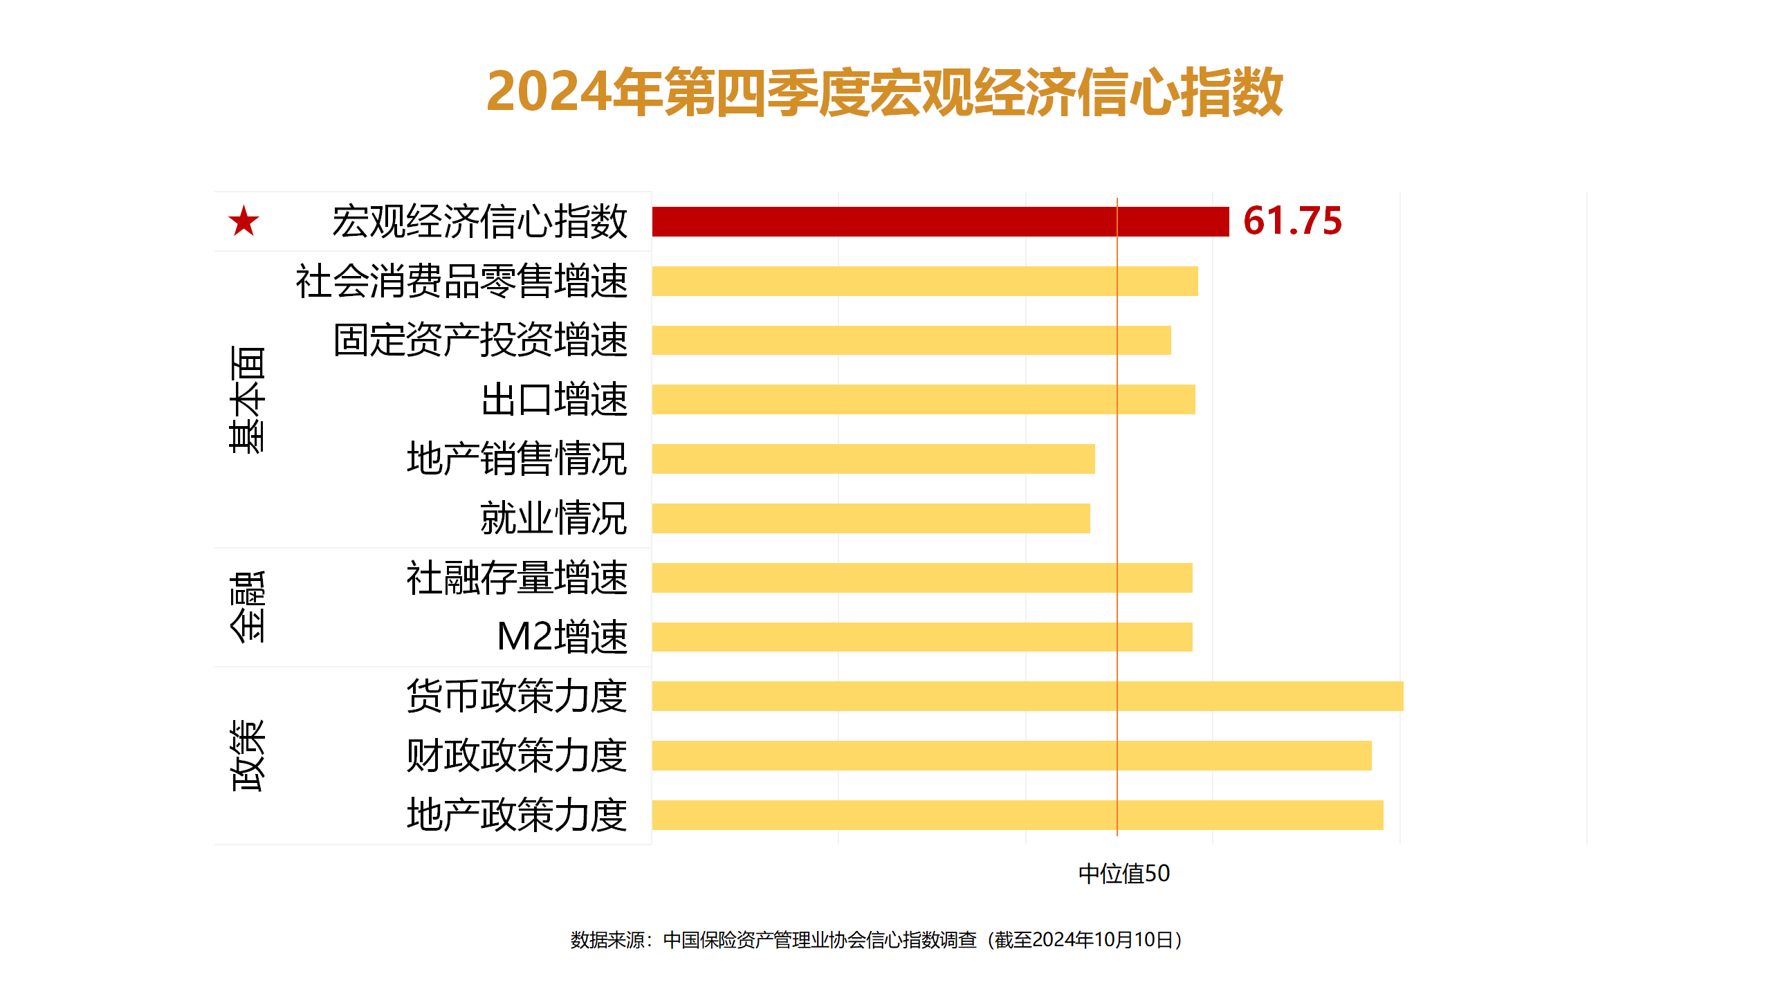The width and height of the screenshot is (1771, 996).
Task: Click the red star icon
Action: click(244, 221)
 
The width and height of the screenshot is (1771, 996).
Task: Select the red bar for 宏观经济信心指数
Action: click(940, 221)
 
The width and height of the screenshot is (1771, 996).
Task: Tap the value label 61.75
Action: click(1292, 221)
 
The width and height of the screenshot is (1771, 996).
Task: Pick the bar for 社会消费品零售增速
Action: click(925, 281)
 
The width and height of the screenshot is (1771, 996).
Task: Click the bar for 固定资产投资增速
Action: click(911, 340)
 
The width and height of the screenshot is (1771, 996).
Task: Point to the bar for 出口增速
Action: click(924, 400)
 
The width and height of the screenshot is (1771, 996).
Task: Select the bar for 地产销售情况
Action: click(873, 459)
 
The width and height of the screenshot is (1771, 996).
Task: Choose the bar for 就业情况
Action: click(871, 519)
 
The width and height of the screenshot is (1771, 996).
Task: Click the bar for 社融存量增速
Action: click(922, 578)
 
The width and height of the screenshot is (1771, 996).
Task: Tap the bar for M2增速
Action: click(922, 637)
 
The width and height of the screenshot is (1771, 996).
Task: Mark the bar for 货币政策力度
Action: click(1027, 696)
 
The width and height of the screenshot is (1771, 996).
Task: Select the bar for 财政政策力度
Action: click(1011, 755)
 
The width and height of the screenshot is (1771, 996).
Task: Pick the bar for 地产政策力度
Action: click(1018, 815)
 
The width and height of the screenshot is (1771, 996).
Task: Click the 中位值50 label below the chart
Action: click(1124, 874)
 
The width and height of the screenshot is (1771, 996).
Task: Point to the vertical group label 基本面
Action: click(248, 400)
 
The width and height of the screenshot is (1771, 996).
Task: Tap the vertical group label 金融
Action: click(248, 607)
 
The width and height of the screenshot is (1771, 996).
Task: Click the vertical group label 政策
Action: click(248, 755)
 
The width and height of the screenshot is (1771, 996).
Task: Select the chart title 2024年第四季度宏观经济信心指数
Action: click(885, 92)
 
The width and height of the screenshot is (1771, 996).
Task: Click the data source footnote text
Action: click(877, 940)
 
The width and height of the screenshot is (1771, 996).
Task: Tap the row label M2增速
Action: click(562, 637)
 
